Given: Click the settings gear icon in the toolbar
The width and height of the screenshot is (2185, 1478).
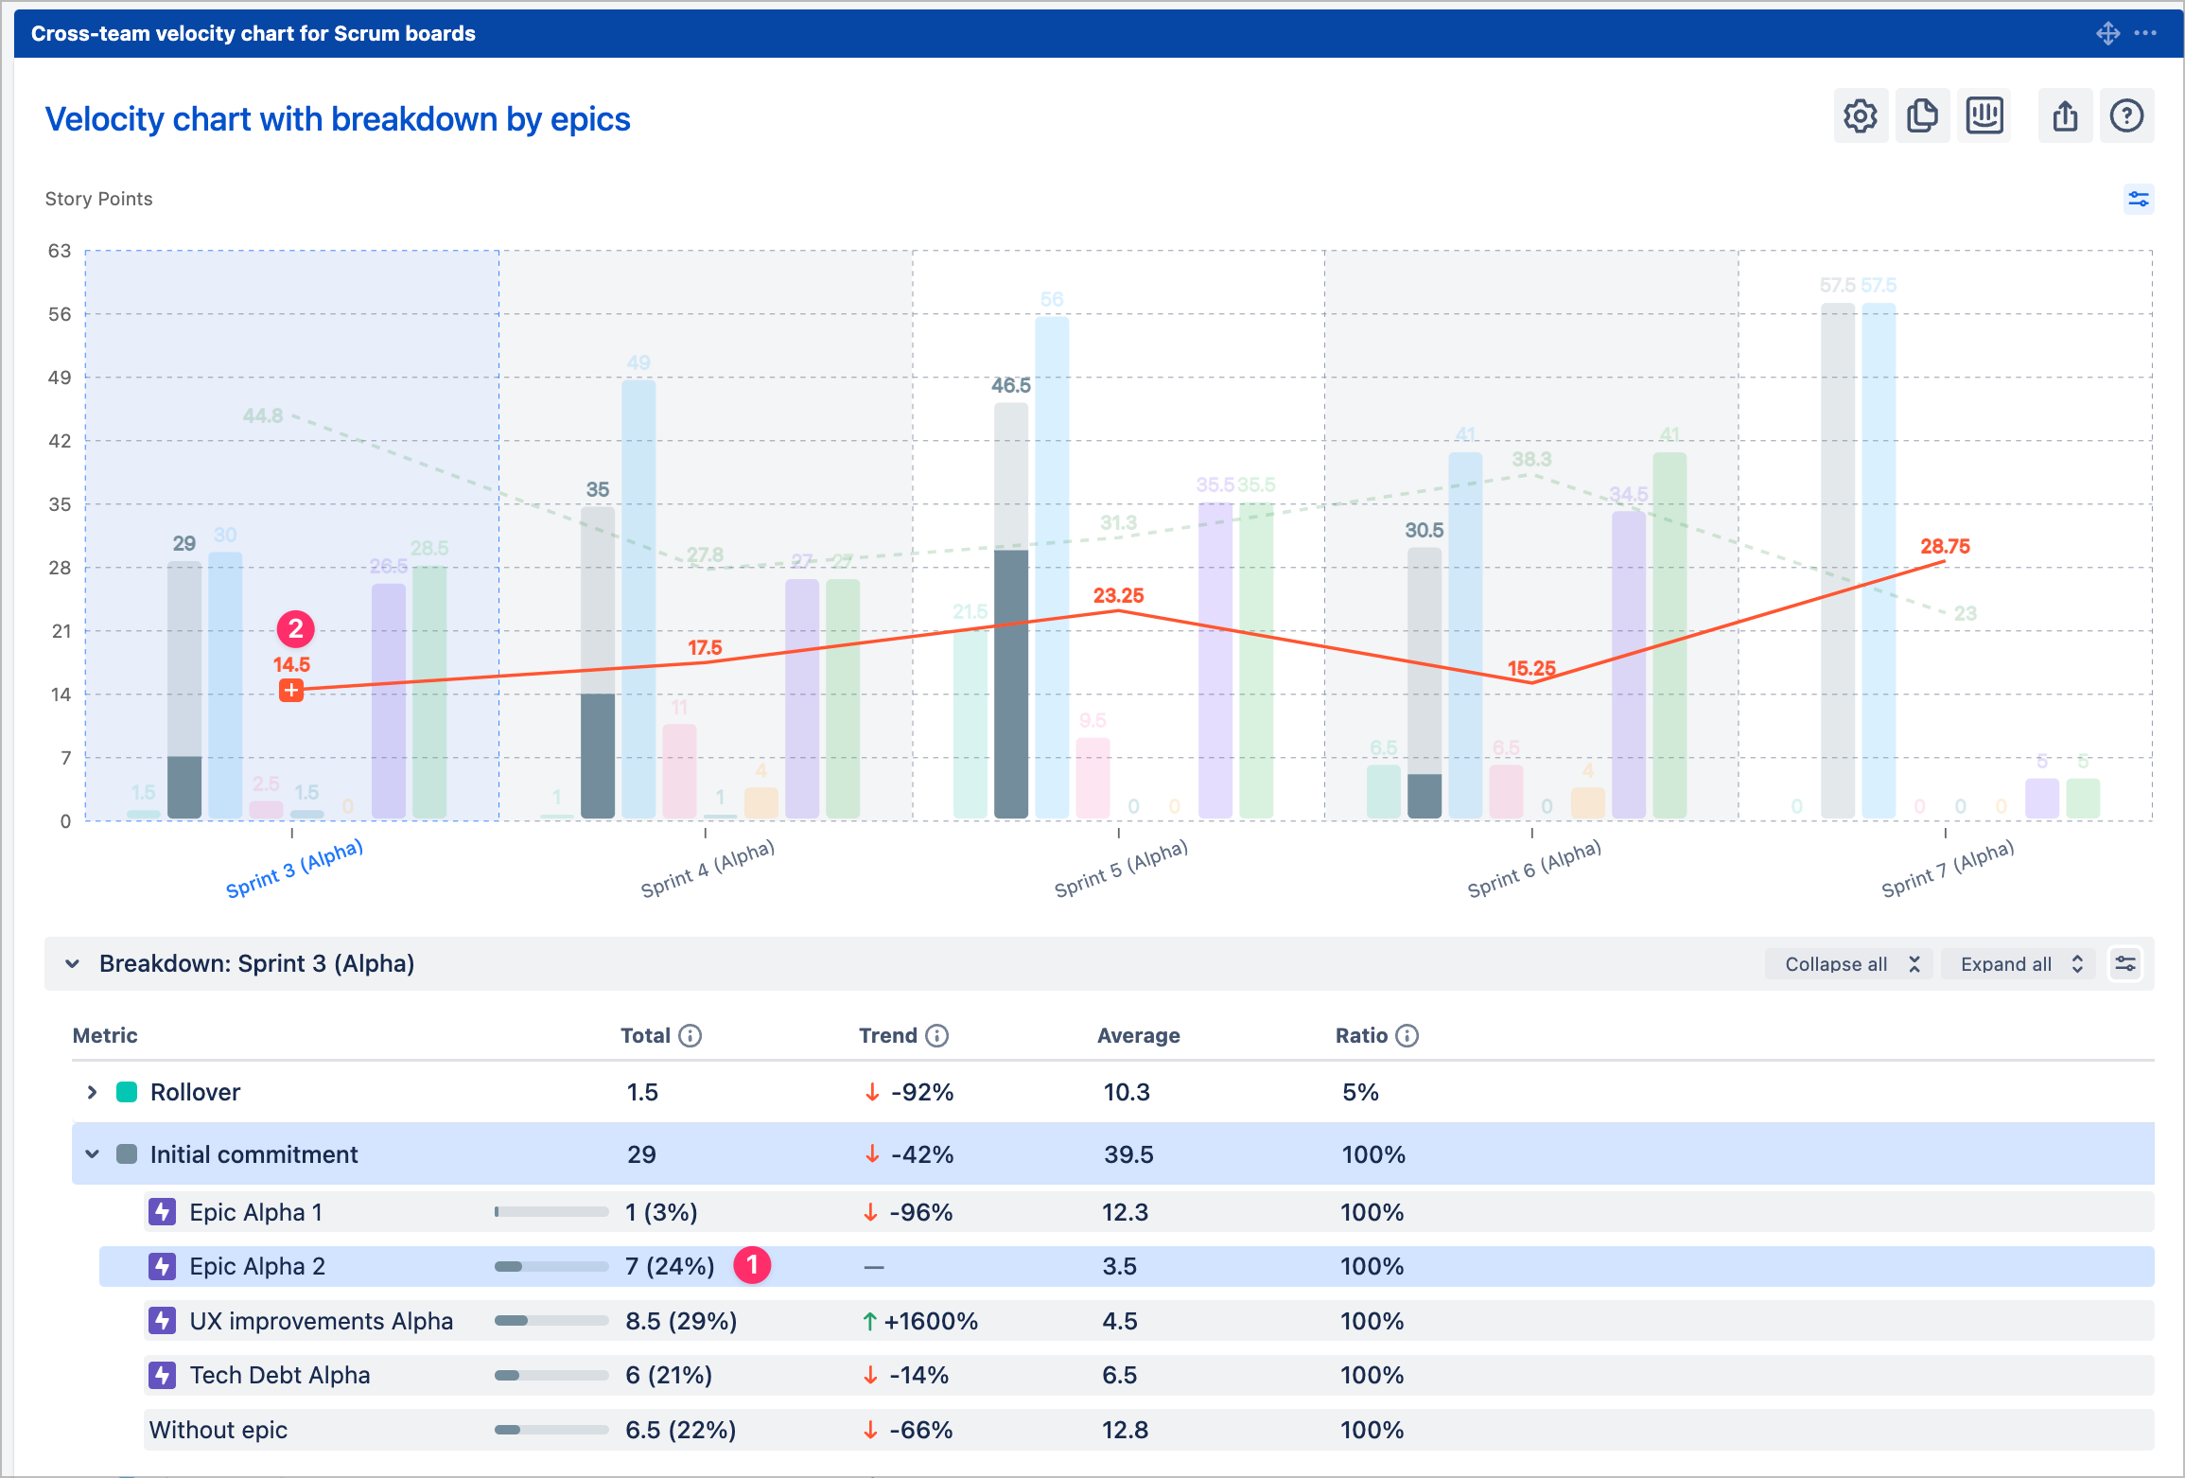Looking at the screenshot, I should click(x=1860, y=116).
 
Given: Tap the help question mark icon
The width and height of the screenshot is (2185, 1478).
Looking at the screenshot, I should click(x=2126, y=116).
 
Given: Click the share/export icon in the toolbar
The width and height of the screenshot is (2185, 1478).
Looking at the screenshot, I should click(x=2065, y=116).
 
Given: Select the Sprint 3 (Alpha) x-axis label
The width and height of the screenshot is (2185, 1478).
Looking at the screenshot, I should click(x=294, y=868).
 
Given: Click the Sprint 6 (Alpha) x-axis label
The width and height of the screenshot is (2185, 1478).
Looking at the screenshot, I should click(x=1533, y=868).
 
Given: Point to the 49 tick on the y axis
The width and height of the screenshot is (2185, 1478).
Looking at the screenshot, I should click(x=60, y=378).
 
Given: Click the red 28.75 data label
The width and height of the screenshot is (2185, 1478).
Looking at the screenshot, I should click(x=1945, y=546).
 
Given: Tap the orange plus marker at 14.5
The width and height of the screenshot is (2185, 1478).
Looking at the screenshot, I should click(x=291, y=690).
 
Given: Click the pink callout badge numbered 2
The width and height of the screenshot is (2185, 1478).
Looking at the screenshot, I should click(x=295, y=628).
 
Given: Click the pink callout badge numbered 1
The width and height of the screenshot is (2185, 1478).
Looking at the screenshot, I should click(x=752, y=1264).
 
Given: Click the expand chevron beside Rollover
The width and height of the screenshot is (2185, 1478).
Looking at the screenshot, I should click(x=92, y=1092).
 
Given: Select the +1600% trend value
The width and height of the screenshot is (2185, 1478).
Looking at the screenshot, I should click(x=930, y=1321).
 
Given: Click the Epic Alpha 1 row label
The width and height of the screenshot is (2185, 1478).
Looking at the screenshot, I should click(x=255, y=1212).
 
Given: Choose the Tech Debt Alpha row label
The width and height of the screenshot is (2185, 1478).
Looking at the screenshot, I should click(x=279, y=1375).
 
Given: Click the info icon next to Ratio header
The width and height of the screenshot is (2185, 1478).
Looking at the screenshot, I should click(x=1407, y=1035).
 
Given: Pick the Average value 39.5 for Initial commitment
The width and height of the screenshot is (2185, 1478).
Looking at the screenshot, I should click(x=1128, y=1154).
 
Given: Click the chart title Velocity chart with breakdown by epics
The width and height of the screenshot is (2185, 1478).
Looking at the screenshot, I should click(x=338, y=119).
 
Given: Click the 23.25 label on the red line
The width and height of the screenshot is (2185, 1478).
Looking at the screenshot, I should click(x=1118, y=595).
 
